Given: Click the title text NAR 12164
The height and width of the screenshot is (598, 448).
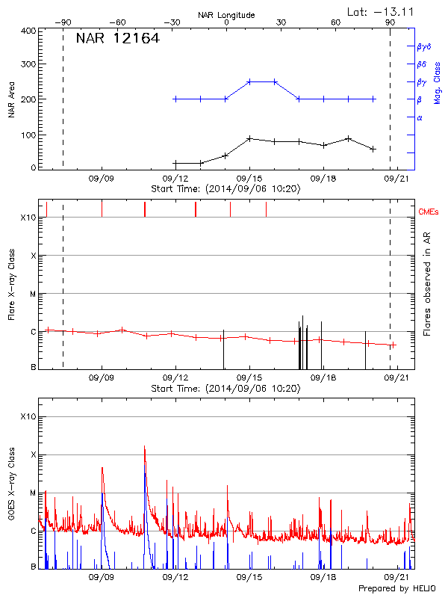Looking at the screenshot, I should coord(117,39).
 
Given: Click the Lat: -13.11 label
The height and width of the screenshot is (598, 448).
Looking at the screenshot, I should coord(382,11).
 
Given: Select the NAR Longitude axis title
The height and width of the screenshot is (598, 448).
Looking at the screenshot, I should coord(226,14).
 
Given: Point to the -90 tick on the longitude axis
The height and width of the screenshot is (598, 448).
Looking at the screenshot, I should coord(65,22).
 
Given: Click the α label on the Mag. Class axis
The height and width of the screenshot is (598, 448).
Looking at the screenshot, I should coord(420,117).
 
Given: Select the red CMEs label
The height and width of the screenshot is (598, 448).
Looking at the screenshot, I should coord(430,213).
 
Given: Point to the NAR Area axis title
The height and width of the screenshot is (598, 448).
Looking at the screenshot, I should coord(12,100).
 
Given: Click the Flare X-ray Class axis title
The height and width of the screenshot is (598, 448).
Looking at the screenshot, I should coord(11,287).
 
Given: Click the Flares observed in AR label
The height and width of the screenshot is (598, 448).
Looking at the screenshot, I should coord(427,283).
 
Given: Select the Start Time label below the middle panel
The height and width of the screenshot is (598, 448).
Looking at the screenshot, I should coord(225,389).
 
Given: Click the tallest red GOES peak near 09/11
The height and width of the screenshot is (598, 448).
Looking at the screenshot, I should coord(144,447).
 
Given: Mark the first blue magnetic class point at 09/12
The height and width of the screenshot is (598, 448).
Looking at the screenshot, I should coord(175,99).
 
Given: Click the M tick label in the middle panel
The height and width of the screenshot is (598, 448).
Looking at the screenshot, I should coord(33,294).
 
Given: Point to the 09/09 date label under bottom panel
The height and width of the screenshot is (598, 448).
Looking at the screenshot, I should coord(102,577).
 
